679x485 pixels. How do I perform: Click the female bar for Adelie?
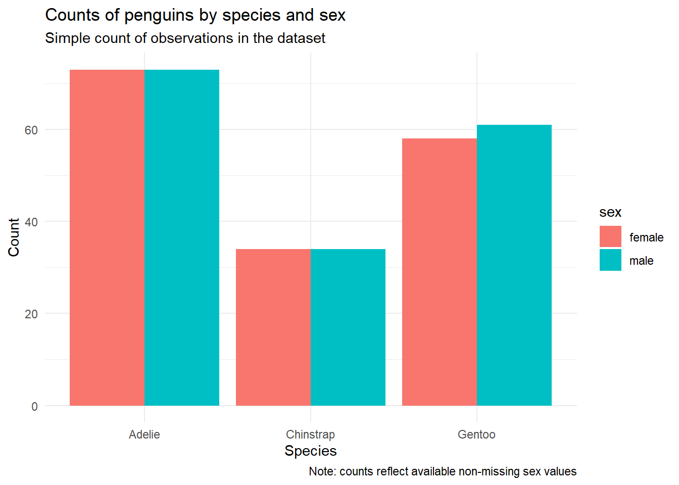pyautogui.click(x=107, y=237)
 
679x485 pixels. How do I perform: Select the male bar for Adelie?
pyautogui.click(x=182, y=237)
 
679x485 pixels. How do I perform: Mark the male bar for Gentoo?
pyautogui.click(x=514, y=265)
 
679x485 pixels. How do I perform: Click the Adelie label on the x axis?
pyautogui.click(x=144, y=434)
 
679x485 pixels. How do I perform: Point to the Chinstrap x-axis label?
pyautogui.click(x=310, y=434)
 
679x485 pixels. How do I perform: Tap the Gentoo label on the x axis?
pyautogui.click(x=476, y=434)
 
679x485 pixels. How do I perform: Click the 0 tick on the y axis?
pyautogui.click(x=34, y=407)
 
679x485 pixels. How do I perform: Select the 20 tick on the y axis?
pyautogui.click(x=31, y=314)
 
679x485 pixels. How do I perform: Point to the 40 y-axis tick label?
pyautogui.click(x=31, y=222)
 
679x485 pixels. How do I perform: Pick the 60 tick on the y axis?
pyautogui.click(x=31, y=130)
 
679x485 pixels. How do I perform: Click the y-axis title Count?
pyautogui.click(x=14, y=237)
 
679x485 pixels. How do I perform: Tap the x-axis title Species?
pyautogui.click(x=310, y=451)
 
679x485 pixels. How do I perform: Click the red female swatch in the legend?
pyautogui.click(x=610, y=237)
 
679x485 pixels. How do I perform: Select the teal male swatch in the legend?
pyautogui.click(x=610, y=260)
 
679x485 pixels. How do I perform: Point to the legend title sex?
pyautogui.click(x=610, y=212)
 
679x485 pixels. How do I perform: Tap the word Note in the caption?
pyautogui.click(x=321, y=471)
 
